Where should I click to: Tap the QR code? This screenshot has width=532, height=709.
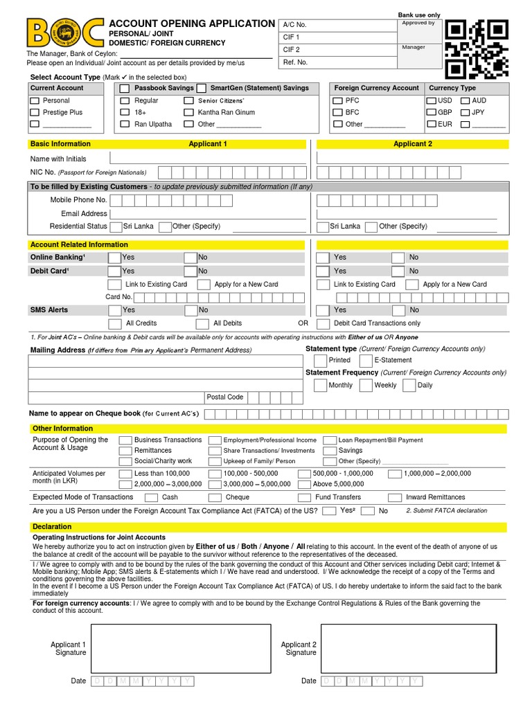coord(477,48)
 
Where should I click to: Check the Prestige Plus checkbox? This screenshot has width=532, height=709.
coord(35,112)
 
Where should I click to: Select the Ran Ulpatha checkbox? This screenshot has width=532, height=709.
coord(125,124)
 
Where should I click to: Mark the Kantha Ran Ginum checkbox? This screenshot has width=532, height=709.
coord(188,112)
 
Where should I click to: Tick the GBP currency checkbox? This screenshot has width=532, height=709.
coord(431,112)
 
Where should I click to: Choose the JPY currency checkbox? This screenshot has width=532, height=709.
coord(465,112)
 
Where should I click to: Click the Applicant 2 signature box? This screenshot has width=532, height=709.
coord(408,648)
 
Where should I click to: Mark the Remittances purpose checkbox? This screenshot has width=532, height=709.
coord(125,451)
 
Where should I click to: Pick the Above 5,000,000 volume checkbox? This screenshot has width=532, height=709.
coord(303,484)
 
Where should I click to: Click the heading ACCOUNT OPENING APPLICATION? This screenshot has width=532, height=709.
coord(192,24)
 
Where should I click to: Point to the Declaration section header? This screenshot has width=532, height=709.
coord(53,527)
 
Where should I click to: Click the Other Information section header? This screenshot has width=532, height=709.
coord(63,429)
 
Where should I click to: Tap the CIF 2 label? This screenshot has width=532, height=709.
coord(292,50)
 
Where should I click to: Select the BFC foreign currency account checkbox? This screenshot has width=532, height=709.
coord(337,112)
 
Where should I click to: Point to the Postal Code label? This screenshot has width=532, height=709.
coord(226,397)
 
